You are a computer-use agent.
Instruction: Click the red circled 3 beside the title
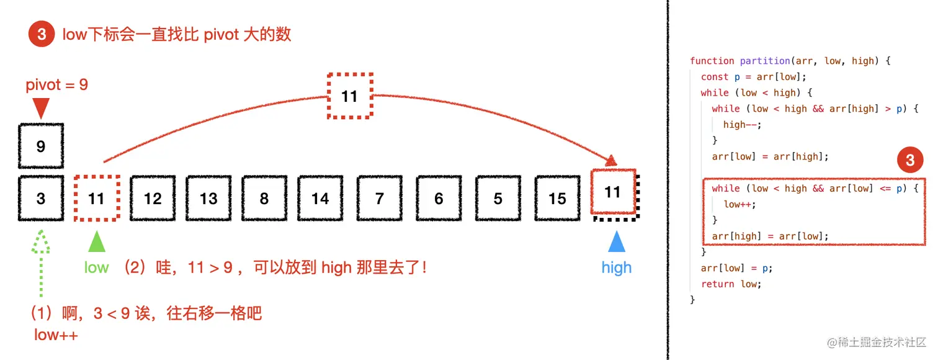[x=42, y=34]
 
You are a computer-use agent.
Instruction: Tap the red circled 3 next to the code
[x=909, y=161]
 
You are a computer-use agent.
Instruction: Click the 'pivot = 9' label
[x=57, y=85]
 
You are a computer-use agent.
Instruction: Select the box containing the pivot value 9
[x=41, y=146]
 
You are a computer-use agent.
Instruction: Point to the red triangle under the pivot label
[x=41, y=109]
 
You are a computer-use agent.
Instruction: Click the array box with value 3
[x=41, y=199]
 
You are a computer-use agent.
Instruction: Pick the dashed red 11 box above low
[x=96, y=199]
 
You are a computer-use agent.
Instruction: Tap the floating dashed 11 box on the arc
[x=350, y=96]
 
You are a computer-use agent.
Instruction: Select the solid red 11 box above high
[x=614, y=192]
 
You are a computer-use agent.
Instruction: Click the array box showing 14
[x=320, y=199]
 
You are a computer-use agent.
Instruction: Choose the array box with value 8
[x=264, y=199]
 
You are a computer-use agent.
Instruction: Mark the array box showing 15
[x=557, y=199]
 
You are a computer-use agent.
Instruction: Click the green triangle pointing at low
[x=96, y=241]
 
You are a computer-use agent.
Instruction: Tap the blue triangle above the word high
[x=616, y=241]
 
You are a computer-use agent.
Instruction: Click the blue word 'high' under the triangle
[x=616, y=268]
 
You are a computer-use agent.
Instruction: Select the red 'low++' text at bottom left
[x=56, y=335]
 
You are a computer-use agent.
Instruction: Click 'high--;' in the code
[x=742, y=124]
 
